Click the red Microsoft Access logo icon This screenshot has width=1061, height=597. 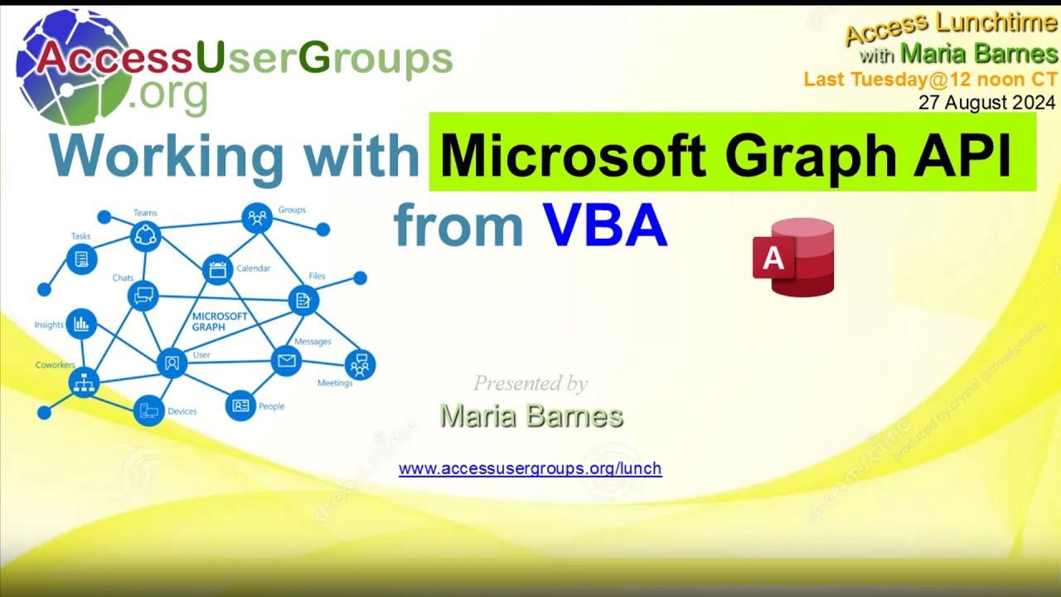click(793, 257)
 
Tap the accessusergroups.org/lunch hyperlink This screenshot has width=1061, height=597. click(530, 468)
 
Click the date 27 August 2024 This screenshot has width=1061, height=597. click(986, 103)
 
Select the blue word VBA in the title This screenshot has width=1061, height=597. click(605, 226)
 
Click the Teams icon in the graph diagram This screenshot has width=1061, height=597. click(145, 237)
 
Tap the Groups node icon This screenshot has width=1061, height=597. click(257, 218)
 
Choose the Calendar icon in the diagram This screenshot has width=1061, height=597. click(218, 269)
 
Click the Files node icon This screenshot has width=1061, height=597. click(303, 300)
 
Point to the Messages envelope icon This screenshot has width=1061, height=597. click(286, 361)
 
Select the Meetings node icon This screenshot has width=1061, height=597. click(360, 364)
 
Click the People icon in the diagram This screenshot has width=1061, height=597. click(240, 405)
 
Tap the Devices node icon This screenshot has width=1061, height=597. click(149, 410)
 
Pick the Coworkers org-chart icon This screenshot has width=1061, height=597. click(84, 382)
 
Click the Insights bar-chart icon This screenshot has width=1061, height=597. click(81, 324)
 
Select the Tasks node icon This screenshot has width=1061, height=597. click(81, 259)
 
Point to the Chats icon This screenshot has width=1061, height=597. click(143, 295)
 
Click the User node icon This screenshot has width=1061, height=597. click(172, 362)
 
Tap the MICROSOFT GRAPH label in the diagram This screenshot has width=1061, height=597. click(220, 322)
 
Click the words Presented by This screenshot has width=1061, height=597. click(530, 383)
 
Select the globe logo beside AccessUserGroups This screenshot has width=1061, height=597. click(75, 66)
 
